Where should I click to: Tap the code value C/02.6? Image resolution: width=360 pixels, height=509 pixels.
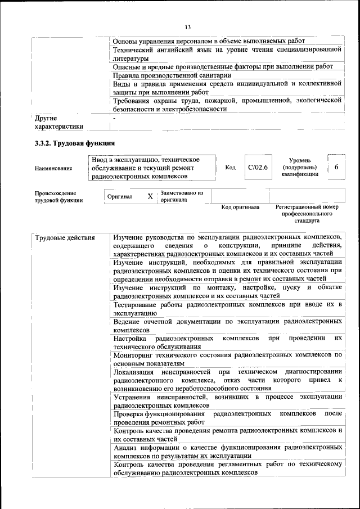[x=258, y=168]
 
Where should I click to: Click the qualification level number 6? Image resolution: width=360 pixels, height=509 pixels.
[x=336, y=168]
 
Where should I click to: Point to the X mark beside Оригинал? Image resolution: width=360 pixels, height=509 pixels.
[x=150, y=197]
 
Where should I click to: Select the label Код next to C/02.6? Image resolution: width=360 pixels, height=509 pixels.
[x=230, y=168]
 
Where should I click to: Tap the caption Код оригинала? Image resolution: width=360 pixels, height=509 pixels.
[x=240, y=207]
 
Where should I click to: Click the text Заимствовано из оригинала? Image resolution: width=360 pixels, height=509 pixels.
[x=181, y=196]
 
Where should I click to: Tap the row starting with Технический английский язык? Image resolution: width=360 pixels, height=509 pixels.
[x=227, y=53]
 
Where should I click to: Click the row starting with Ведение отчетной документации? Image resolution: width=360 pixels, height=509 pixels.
[x=227, y=325]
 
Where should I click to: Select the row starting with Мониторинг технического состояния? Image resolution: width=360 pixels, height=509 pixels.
[x=227, y=359]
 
